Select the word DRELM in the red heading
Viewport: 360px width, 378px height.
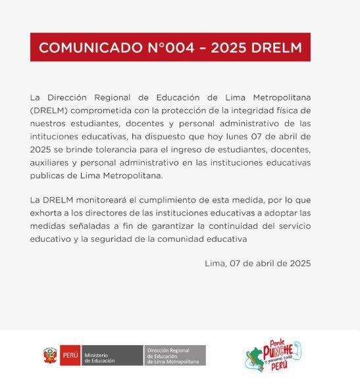(x=276, y=47)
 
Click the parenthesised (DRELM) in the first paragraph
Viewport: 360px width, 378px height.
(x=52, y=110)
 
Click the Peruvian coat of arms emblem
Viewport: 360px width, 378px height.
(x=51, y=355)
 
